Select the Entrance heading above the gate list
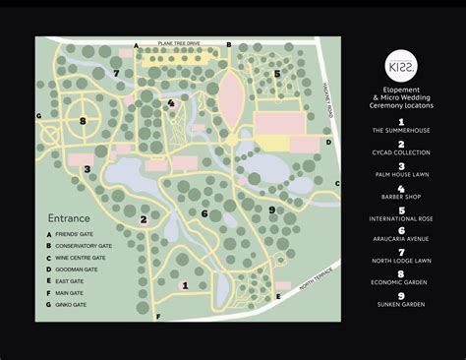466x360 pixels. [x=69, y=217]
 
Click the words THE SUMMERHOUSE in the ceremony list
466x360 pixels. [x=401, y=130]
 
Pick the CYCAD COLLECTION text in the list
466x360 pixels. [x=401, y=153]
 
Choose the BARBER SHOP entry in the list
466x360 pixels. [x=401, y=201]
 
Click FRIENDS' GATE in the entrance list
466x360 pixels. [x=81, y=234]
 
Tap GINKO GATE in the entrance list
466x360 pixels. [x=78, y=304]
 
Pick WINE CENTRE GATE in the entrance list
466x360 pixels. [x=85, y=258]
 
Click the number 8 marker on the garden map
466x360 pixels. [x=83, y=121]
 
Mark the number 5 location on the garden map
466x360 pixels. [x=277, y=74]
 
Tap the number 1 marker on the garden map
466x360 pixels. [x=185, y=284]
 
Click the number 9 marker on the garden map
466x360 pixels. [x=271, y=210]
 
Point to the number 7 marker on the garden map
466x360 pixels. [x=116, y=73]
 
